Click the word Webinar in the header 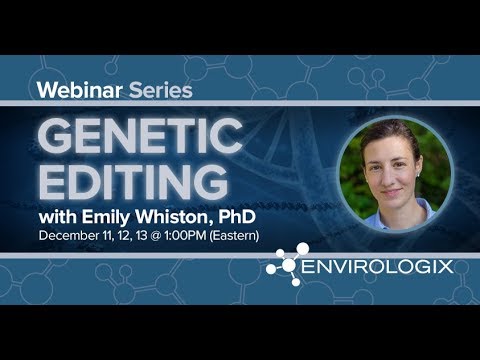coord(77,89)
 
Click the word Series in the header coord(158,89)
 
